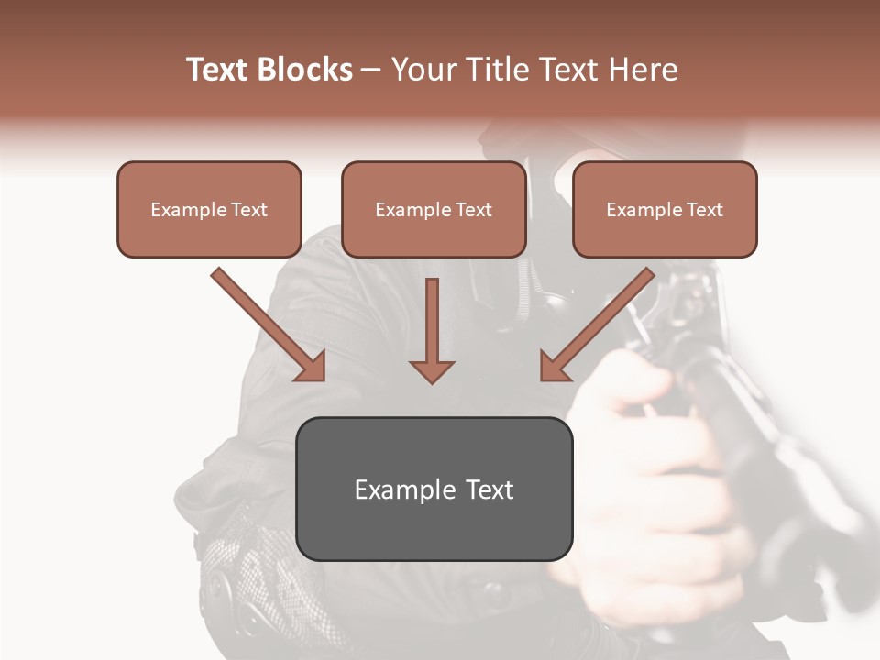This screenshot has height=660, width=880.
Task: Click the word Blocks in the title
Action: pyautogui.click(x=305, y=70)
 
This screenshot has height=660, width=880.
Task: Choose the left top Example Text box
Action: pyautogui.click(x=209, y=210)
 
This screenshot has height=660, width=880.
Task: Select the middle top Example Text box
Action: pyautogui.click(x=434, y=210)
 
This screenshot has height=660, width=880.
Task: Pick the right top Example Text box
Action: pyautogui.click(x=665, y=210)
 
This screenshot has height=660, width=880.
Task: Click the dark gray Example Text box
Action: pyautogui.click(x=434, y=489)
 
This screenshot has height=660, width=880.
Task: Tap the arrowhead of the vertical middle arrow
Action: pyautogui.click(x=432, y=370)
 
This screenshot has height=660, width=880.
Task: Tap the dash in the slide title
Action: pyautogui.click(x=371, y=70)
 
